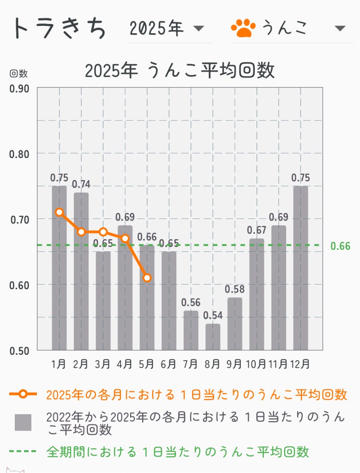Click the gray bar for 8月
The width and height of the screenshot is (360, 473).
[x=212, y=337]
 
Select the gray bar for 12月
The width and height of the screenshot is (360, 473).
[x=300, y=268]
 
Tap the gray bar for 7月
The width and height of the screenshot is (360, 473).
[x=191, y=330]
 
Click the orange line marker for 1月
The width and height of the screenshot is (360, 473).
[x=59, y=212]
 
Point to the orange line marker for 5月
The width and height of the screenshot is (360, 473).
[x=147, y=278]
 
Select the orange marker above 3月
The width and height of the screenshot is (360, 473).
[x=103, y=232]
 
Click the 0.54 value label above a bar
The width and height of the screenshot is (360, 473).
[x=212, y=316]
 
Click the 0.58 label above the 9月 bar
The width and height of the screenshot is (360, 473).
[x=234, y=290]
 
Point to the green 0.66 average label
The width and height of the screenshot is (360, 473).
[x=341, y=246]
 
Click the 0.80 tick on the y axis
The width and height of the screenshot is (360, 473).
[x=19, y=154]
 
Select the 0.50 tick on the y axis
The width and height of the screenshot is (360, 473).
[x=19, y=350]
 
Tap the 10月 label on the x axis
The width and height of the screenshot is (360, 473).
[x=257, y=364]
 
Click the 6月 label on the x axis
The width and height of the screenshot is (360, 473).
[x=168, y=364]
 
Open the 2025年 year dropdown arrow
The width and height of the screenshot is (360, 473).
[x=198, y=29]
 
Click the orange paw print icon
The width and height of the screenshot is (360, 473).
[x=243, y=28]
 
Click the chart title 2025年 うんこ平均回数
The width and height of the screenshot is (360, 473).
[x=180, y=71]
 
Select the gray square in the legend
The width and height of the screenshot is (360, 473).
[x=23, y=422]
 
